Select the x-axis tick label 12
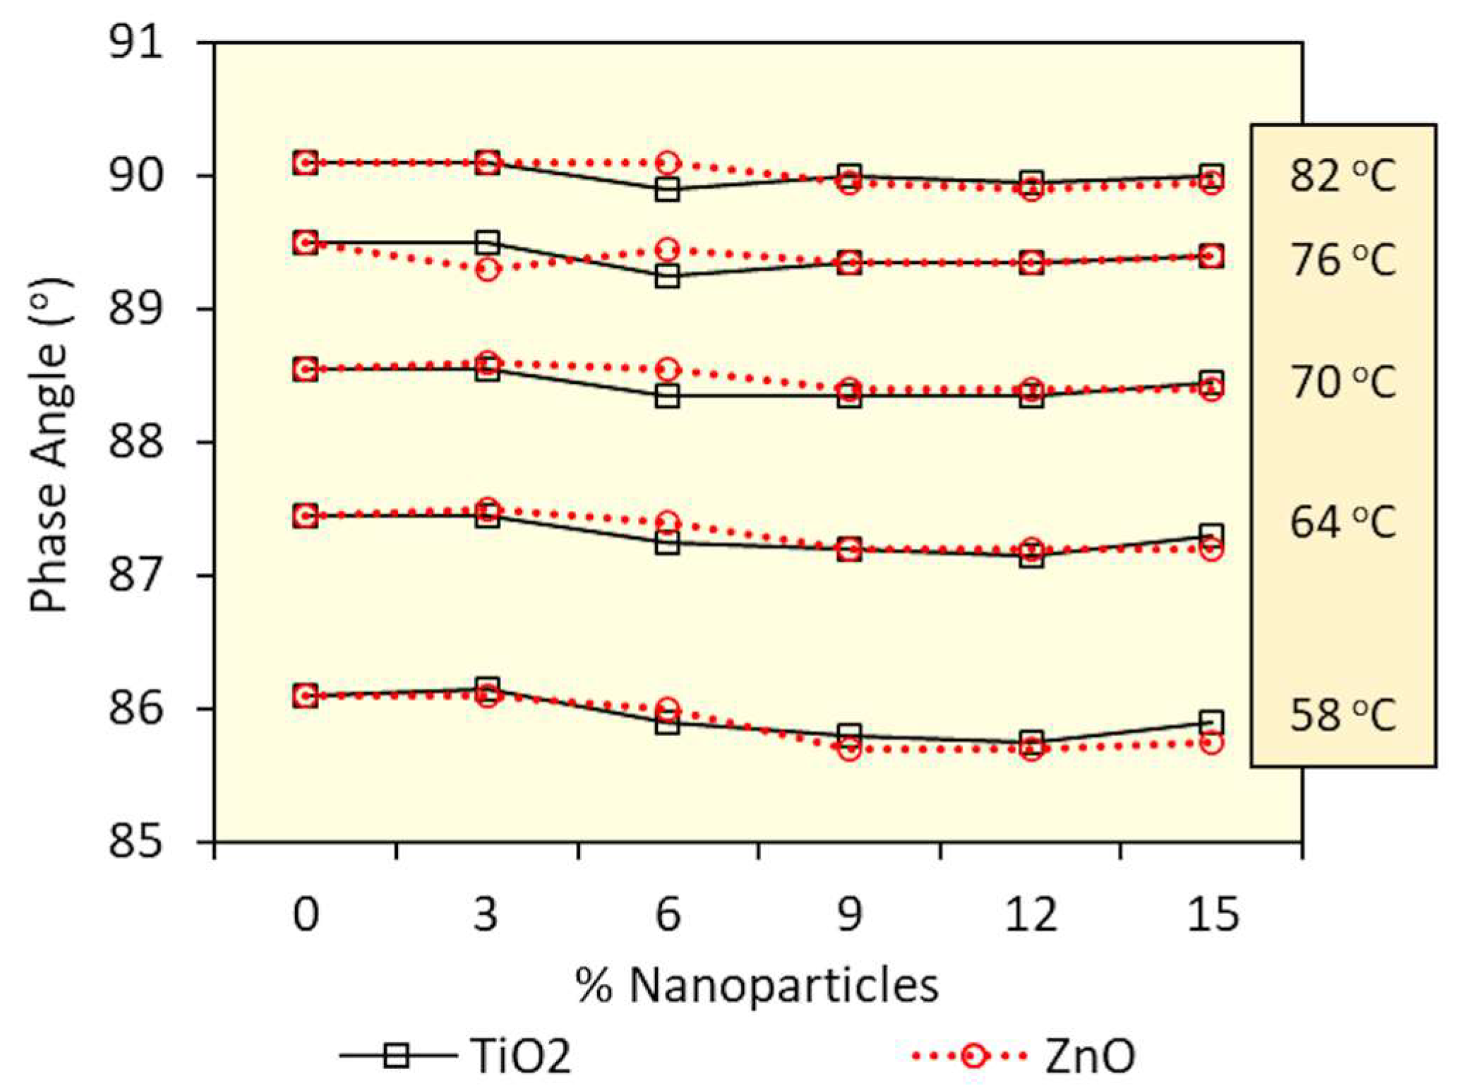(1030, 915)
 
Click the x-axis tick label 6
(668, 915)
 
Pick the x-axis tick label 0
(306, 915)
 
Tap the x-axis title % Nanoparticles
(757, 985)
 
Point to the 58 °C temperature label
(1342, 715)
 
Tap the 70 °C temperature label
(1342, 382)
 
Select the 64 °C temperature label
(1342, 523)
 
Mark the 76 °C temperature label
(1342, 259)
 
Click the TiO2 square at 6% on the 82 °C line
(667, 190)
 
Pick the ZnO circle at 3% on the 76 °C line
(487, 269)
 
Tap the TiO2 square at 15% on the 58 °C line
(1211, 722)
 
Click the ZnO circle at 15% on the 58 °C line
(1211, 743)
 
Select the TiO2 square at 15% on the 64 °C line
(1211, 535)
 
